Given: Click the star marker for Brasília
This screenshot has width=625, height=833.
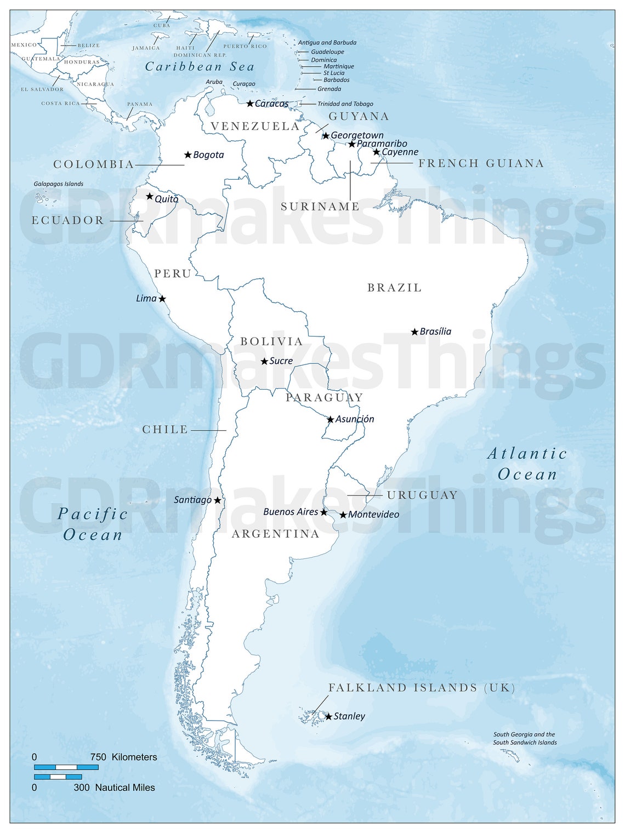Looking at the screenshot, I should [x=414, y=332].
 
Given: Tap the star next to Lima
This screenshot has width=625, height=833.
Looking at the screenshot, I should [x=162, y=299].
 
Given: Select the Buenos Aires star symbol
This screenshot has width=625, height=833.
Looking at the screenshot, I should [x=323, y=512].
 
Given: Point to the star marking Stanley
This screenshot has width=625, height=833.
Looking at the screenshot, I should [x=328, y=716].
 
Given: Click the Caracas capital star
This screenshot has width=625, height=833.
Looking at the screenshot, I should [x=250, y=104].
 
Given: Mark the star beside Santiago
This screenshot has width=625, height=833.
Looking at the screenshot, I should [x=218, y=500].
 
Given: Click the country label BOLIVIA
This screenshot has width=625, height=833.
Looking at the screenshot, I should [x=271, y=341].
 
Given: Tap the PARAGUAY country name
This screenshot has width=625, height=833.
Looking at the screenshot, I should [x=324, y=397].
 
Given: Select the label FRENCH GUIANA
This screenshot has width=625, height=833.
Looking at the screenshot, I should [x=481, y=163].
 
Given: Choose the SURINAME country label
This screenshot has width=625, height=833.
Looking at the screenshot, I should [x=320, y=207].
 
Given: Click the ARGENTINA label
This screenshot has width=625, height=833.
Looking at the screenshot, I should [x=275, y=534].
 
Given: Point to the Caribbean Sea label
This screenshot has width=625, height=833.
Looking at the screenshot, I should [x=200, y=67].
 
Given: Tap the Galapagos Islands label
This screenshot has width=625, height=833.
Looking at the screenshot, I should [x=59, y=184].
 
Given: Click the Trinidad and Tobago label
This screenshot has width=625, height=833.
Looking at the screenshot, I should [x=345, y=104].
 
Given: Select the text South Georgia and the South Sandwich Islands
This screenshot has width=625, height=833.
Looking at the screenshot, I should [x=524, y=739].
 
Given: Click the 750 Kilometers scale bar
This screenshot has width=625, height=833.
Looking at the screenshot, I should [x=66, y=767].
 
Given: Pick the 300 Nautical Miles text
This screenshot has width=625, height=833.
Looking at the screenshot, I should [x=114, y=788].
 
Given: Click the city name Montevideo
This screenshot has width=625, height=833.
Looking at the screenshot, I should [x=373, y=515].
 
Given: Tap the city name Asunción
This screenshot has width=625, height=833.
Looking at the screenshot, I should [x=355, y=419].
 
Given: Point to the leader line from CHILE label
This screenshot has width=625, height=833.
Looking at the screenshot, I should [x=208, y=430].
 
